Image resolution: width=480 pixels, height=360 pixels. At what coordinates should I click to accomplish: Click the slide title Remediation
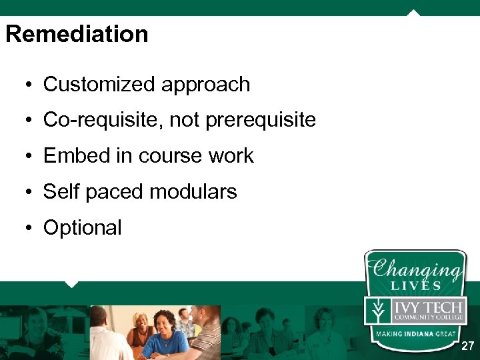click(77, 34)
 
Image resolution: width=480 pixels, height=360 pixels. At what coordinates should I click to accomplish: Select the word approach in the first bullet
click(205, 85)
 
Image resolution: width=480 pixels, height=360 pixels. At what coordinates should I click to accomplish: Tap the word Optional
click(82, 228)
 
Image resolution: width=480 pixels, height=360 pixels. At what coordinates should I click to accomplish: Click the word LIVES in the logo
click(417, 285)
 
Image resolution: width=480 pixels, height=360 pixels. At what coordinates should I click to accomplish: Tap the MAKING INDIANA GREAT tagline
click(415, 333)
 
